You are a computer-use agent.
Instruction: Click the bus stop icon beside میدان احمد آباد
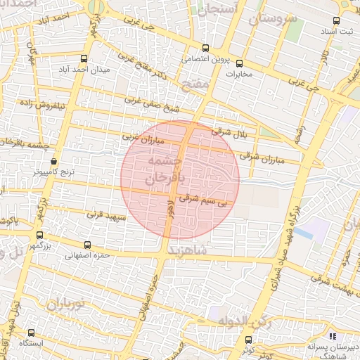tap(84, 58)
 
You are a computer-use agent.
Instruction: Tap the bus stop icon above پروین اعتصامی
tap(205, 49)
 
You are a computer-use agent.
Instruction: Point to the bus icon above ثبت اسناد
tap(336, 20)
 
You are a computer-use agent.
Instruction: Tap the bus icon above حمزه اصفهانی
tap(87, 245)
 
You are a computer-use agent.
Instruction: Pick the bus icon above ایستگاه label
tap(31, 333)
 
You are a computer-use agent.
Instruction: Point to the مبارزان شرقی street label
tap(261, 157)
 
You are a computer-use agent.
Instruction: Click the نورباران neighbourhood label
tap(66, 305)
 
